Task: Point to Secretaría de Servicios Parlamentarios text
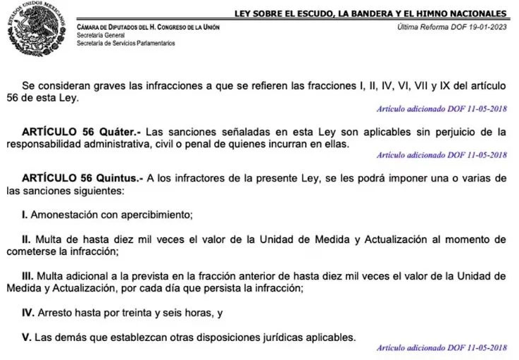[x=126, y=43]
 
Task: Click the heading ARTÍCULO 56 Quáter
[x=80, y=132]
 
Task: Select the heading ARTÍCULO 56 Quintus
[x=83, y=179]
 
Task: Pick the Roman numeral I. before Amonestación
[x=25, y=214]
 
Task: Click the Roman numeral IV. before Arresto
[x=29, y=311]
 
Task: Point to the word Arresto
[x=58, y=311]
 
